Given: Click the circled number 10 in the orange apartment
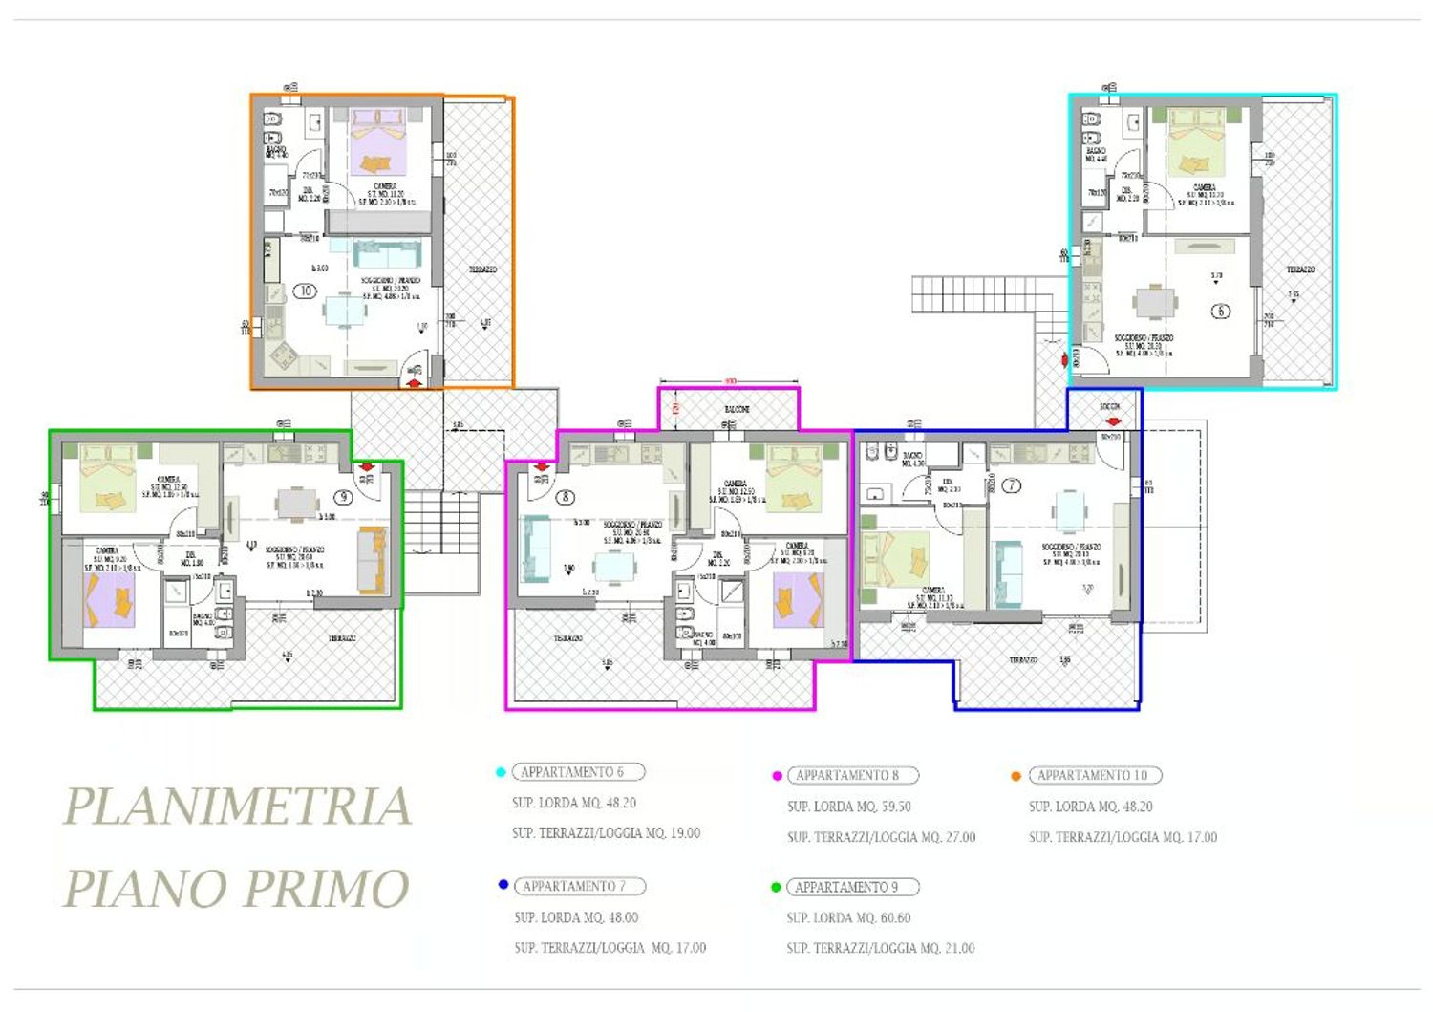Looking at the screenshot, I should click(305, 291).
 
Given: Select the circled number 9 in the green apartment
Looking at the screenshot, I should click(343, 497).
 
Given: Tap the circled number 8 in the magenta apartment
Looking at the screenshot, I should click(566, 497).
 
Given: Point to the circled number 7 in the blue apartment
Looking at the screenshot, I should click(1011, 485).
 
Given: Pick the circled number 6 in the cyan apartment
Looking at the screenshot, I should click(1220, 311).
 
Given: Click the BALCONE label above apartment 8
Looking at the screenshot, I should click(736, 409).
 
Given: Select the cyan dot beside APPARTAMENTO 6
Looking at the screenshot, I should click(501, 772).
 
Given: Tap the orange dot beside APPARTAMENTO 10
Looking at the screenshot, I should click(1016, 776).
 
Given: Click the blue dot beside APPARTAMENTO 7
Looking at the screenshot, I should click(503, 885).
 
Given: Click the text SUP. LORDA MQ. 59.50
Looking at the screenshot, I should click(848, 807).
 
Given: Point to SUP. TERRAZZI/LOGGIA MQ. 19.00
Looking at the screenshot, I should click(606, 833).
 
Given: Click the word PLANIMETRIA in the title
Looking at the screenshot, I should click(237, 806).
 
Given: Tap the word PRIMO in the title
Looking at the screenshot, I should click(324, 889).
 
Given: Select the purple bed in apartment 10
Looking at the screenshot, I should click(378, 142).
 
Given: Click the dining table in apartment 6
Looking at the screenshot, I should click(1156, 301).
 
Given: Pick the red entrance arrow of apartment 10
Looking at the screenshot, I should click(414, 382).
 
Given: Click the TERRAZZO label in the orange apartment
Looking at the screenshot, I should click(482, 270).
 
